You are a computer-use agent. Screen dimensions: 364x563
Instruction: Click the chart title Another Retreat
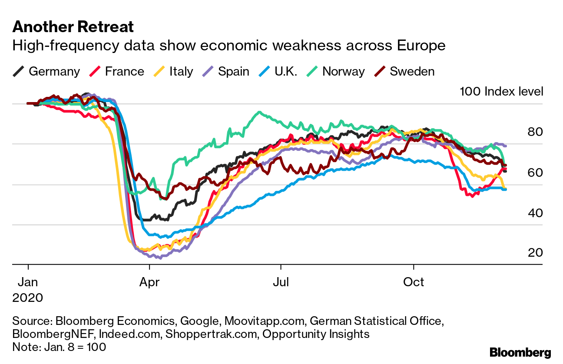point(73,27)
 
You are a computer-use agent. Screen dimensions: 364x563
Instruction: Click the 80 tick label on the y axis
point(535,132)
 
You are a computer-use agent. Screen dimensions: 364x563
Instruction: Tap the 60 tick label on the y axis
point(535,172)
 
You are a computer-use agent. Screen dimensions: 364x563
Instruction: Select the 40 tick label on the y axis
point(535,213)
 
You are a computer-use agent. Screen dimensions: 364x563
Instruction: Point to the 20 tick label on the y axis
point(535,252)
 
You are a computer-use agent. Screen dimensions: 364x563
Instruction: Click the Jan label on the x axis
point(28,282)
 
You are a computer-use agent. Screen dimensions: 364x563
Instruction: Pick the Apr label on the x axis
point(149,282)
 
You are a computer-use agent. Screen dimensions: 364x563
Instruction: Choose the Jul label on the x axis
point(281,282)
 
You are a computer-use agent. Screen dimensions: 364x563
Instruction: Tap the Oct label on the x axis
point(414,282)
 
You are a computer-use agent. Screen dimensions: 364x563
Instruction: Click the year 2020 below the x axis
point(28,298)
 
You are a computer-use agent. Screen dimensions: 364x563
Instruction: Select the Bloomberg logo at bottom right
point(520,353)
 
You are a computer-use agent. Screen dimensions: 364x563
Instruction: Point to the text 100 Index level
point(501,92)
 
